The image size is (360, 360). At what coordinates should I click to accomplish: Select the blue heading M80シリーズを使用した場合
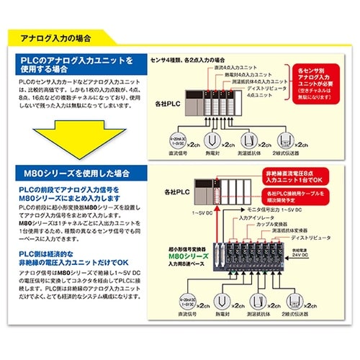[69, 174]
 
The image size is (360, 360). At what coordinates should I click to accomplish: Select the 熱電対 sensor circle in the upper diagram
[212, 140]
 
